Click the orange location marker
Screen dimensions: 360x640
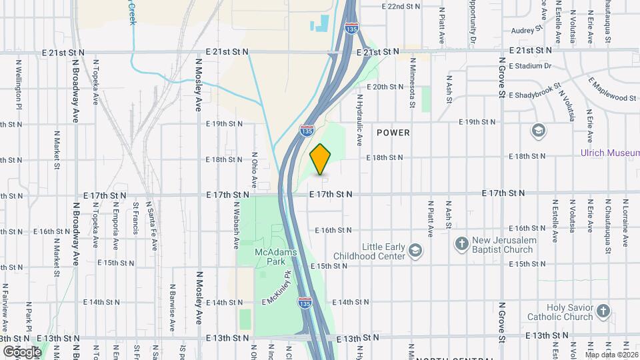(x=321, y=158)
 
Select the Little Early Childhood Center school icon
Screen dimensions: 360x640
(x=415, y=251)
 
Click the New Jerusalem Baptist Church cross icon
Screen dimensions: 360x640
(x=461, y=244)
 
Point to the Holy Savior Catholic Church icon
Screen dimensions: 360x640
(x=603, y=311)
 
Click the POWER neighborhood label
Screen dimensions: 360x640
(x=393, y=133)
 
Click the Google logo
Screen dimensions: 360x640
(x=21, y=351)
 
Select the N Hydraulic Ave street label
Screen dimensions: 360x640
(x=359, y=120)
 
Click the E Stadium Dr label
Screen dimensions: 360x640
(x=530, y=66)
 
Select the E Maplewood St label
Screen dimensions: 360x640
(x=612, y=89)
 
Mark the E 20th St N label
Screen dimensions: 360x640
(x=385, y=87)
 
